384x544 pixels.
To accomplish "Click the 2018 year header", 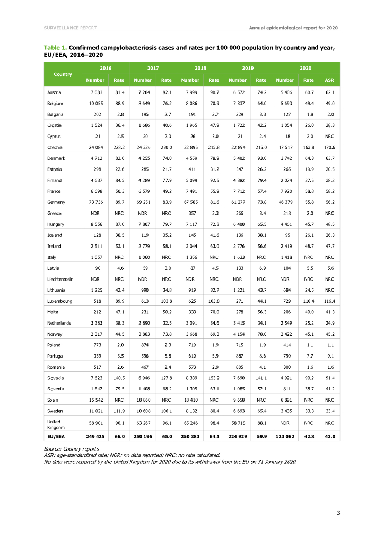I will [200, 69].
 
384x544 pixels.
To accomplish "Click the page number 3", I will [338, 512].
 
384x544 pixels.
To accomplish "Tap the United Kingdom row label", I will [56, 422].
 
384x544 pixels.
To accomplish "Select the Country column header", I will [63, 74].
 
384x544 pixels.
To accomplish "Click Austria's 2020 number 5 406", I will [285, 92].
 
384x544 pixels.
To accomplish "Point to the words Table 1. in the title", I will [55, 48].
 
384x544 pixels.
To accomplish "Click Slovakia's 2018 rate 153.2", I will [214, 378].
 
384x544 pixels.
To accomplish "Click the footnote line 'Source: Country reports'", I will [71, 449].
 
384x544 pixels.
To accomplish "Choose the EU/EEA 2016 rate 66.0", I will [119, 437].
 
